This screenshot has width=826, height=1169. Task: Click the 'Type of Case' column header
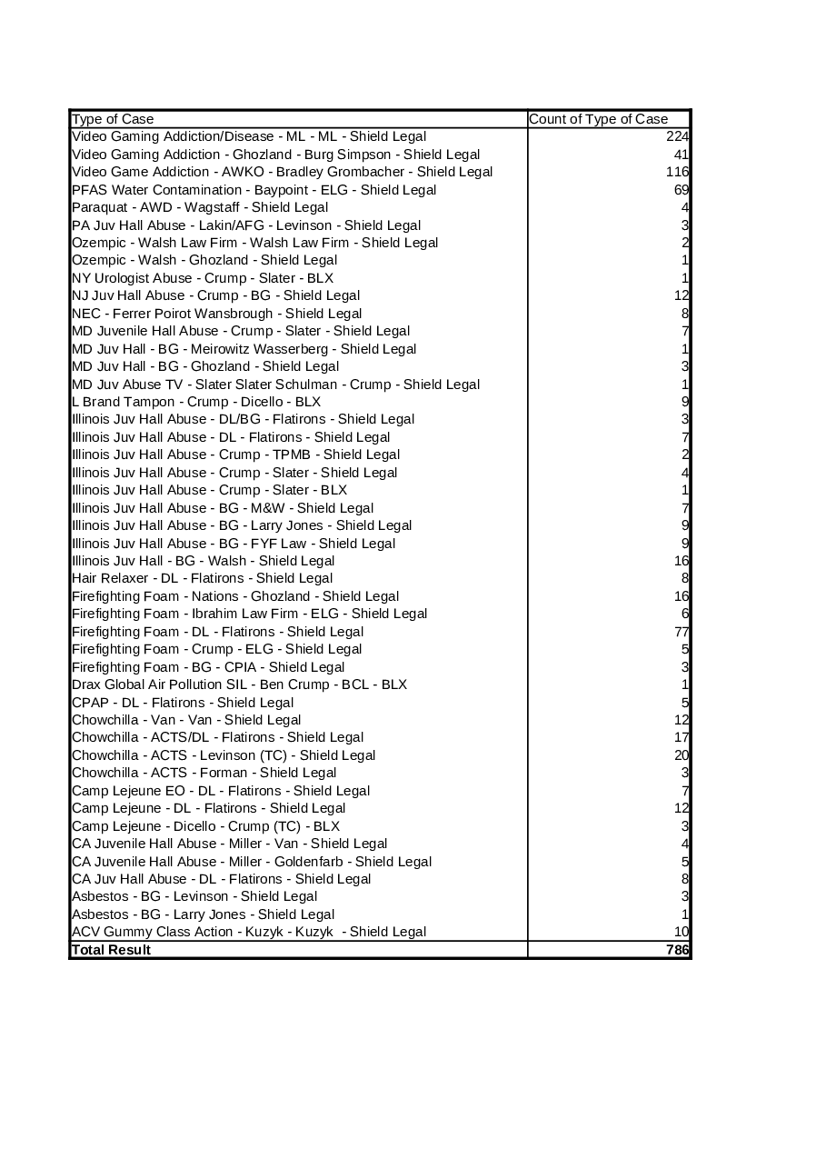pyautogui.click(x=113, y=119)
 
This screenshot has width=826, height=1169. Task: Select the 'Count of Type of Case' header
pyautogui.click(x=598, y=119)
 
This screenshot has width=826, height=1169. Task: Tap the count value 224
pyautogui.click(x=677, y=136)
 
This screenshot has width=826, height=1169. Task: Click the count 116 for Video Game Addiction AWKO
pyautogui.click(x=677, y=172)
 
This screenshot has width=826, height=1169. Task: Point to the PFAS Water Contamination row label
pyautogui.click(x=254, y=190)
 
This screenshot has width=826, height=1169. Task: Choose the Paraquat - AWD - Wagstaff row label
pyautogui.click(x=200, y=207)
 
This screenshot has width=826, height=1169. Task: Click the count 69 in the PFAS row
pyautogui.click(x=681, y=190)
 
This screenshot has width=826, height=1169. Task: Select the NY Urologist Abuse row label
pyautogui.click(x=203, y=278)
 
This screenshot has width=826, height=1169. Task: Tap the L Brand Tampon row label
pyautogui.click(x=196, y=402)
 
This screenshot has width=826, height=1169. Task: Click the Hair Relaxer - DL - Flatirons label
pyautogui.click(x=202, y=578)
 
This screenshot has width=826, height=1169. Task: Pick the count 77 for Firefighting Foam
pyautogui.click(x=681, y=632)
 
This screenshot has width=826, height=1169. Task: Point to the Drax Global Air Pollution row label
pyautogui.click(x=239, y=684)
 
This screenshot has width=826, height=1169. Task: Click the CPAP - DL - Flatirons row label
pyautogui.click(x=183, y=702)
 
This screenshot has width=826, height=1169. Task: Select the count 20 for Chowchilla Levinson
pyautogui.click(x=681, y=755)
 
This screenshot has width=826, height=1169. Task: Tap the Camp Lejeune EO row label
pyautogui.click(x=221, y=791)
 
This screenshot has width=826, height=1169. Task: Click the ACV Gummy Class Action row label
pyautogui.click(x=249, y=932)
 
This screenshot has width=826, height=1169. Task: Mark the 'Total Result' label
pyautogui.click(x=111, y=950)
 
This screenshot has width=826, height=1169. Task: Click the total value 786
pyautogui.click(x=677, y=950)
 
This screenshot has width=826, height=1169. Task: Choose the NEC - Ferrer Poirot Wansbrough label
pyautogui.click(x=216, y=314)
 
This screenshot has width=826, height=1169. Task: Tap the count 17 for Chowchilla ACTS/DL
pyautogui.click(x=681, y=737)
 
